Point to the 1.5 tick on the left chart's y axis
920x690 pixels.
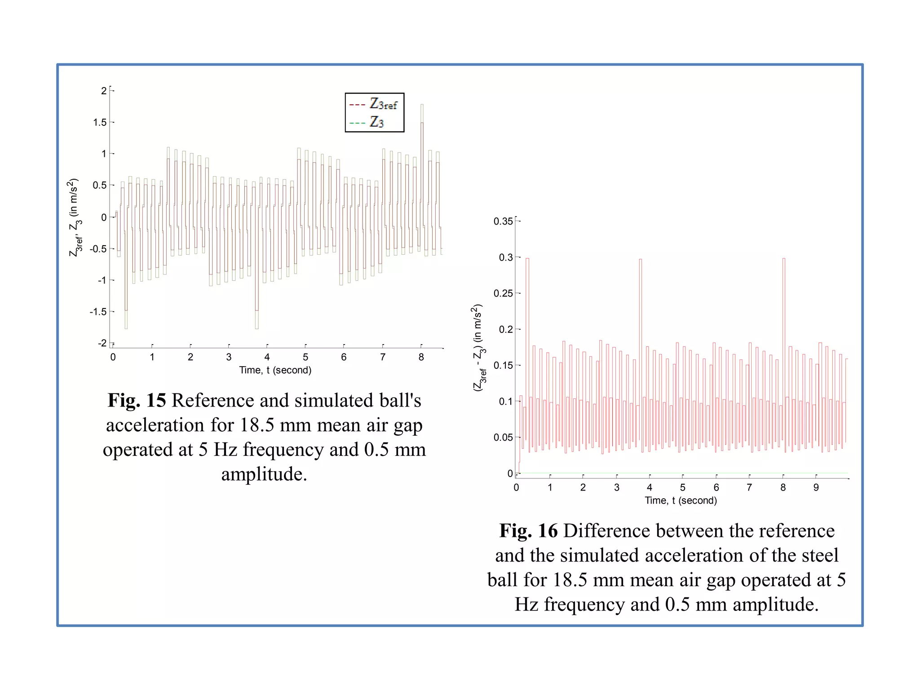pos(100,122)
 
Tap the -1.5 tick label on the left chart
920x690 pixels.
pos(98,312)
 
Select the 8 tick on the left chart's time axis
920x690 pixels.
pos(421,357)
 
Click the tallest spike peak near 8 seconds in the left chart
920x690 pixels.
pos(422,105)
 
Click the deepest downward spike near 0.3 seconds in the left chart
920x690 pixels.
pos(126,328)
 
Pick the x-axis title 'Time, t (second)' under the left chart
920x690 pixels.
pos(275,370)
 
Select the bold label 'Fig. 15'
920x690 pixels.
pos(137,400)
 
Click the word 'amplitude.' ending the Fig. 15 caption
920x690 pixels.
pos(264,474)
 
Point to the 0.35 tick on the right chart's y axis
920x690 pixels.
pos(503,221)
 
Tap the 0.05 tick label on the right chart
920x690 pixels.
pos(503,437)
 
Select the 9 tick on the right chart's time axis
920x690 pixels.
pos(816,487)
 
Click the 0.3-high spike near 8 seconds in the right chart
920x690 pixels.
pos(784,259)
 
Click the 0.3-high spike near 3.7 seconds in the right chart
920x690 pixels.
pos(641,260)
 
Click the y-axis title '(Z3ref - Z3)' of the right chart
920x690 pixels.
pos(478,348)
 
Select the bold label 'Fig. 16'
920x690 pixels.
pos(528,531)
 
